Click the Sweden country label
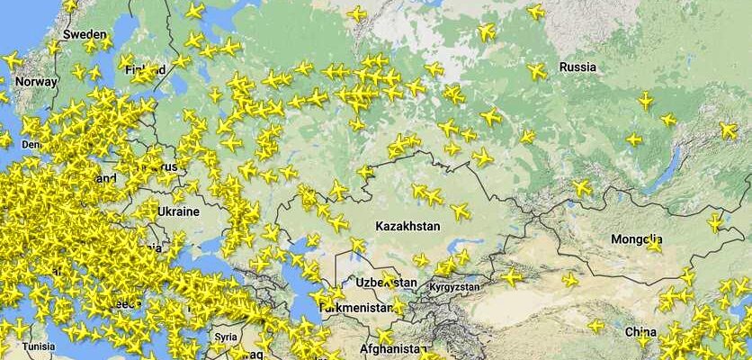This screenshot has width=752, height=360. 85,34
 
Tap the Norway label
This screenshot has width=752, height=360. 36,81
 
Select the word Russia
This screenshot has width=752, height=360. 577,67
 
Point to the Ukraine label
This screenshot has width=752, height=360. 178,211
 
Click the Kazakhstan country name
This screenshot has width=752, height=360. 408,226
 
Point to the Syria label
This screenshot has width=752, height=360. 226,337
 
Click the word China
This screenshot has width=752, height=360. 640,331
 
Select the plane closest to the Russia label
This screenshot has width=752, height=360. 537,71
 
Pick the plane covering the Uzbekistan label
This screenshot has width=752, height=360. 389,279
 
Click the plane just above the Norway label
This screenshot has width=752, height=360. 11,61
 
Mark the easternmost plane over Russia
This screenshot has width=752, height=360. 729,130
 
